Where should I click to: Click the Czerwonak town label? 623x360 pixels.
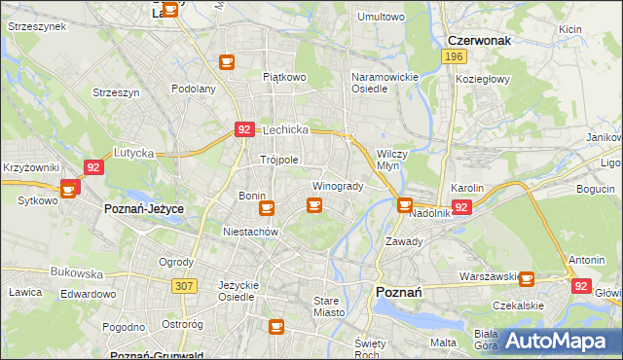click(x=480, y=40)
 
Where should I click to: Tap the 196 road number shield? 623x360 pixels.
click(x=452, y=57)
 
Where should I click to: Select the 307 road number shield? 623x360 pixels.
click(x=183, y=286)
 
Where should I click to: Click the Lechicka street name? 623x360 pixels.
click(x=284, y=129)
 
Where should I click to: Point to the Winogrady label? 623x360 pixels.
click(x=337, y=186)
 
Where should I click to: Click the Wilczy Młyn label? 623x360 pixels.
click(x=391, y=160)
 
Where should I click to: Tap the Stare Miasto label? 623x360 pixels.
click(x=333, y=306)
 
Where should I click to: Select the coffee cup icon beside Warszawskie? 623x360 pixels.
click(x=527, y=279)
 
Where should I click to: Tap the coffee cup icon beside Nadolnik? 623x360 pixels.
click(x=404, y=204)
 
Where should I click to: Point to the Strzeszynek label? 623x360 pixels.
click(x=36, y=26)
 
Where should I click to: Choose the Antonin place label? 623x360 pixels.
click(x=587, y=260)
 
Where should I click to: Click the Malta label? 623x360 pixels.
click(x=443, y=342)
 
